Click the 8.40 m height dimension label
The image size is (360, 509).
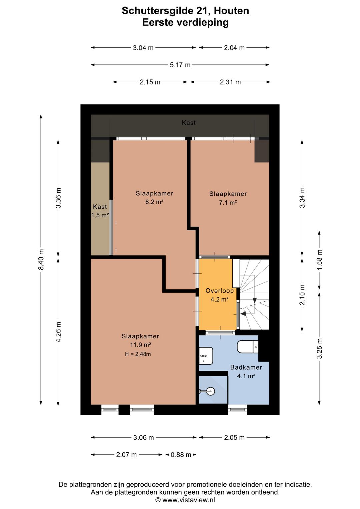pyautogui.click(x=41, y=259)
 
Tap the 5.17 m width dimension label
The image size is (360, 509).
pyautogui.click(x=180, y=65)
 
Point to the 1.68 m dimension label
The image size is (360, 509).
pyautogui.click(x=319, y=260)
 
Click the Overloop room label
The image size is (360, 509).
pyautogui.click(x=219, y=291)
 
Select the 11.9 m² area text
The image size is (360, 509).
pyautogui.click(x=140, y=345)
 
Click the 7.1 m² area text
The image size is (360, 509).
pyautogui.click(x=228, y=202)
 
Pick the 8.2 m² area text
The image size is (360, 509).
pyautogui.click(x=154, y=202)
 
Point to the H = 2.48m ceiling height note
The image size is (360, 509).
pyautogui.click(x=138, y=354)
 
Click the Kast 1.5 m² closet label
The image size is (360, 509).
pyautogui.click(x=100, y=211)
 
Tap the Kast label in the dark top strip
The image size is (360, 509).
pyautogui.click(x=189, y=123)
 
